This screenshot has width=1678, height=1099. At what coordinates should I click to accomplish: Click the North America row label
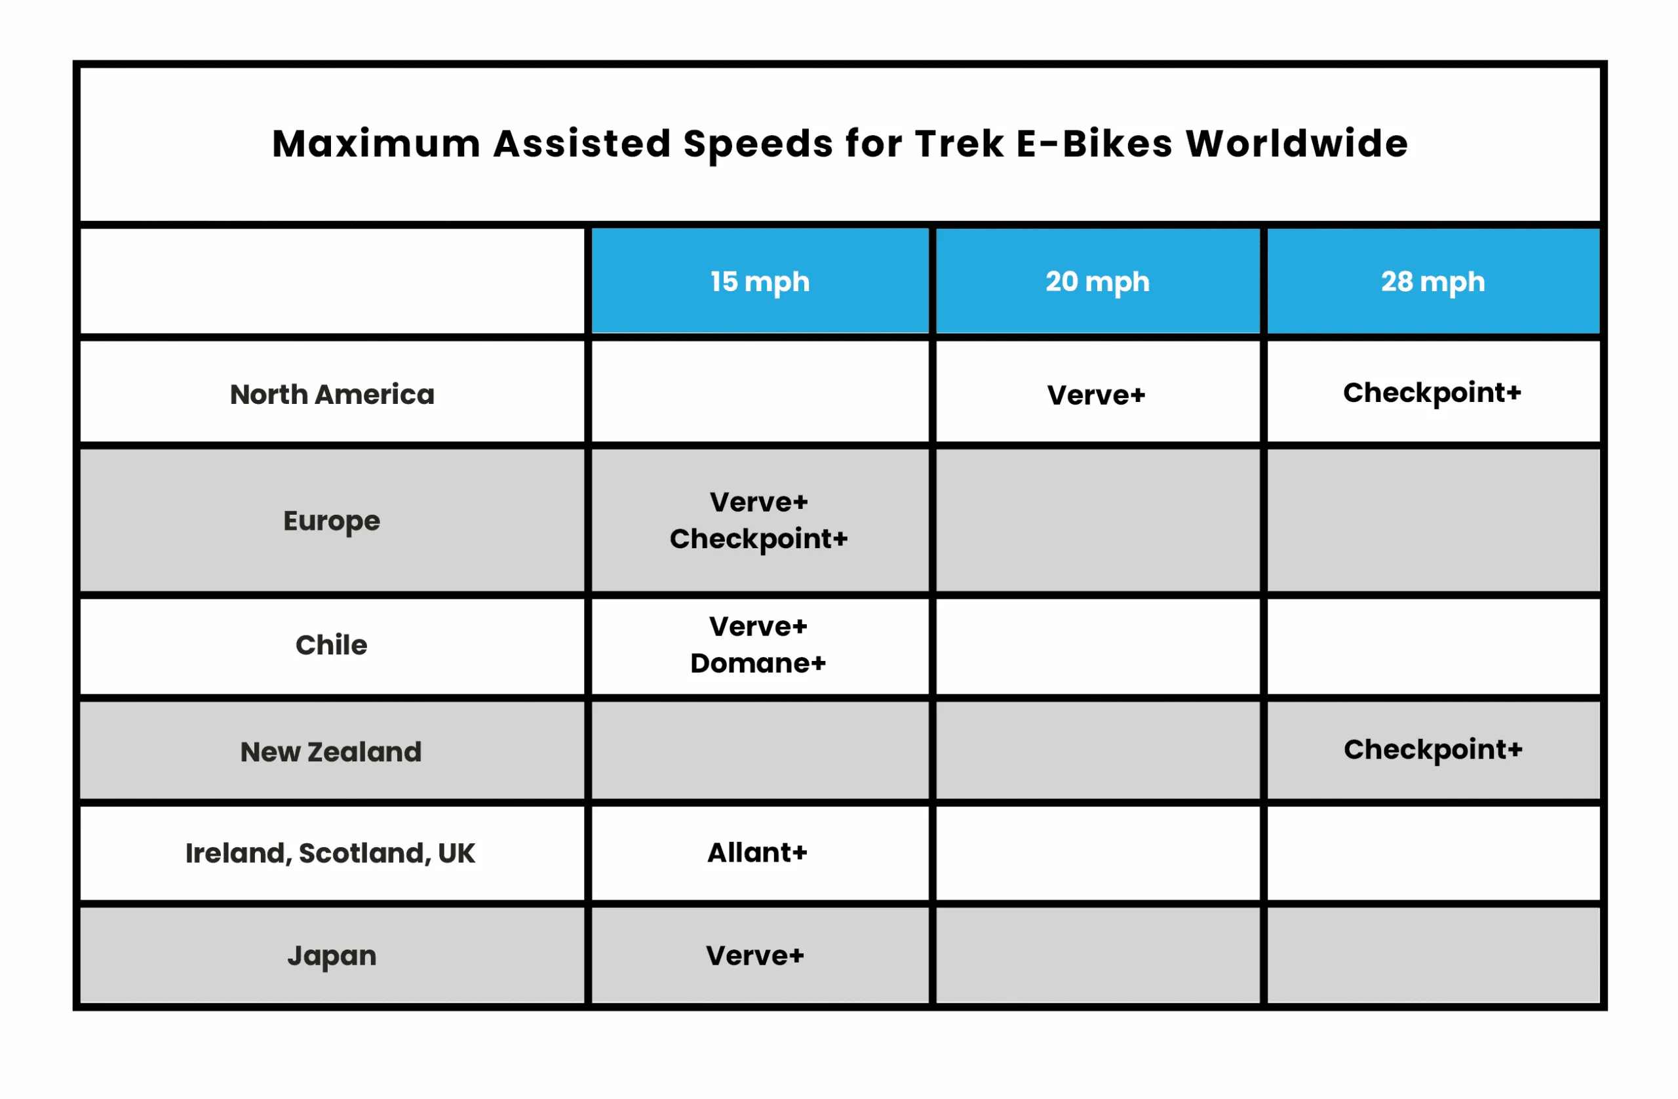click(x=332, y=394)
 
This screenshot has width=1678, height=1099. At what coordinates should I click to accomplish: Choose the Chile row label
click(x=332, y=645)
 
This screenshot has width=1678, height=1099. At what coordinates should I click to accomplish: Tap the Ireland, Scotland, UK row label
click(x=330, y=854)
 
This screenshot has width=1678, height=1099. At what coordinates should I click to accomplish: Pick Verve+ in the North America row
click(x=1097, y=395)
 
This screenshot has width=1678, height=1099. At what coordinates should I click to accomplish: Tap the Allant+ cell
click(x=757, y=853)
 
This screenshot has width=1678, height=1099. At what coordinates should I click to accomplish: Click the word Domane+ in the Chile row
click(x=758, y=663)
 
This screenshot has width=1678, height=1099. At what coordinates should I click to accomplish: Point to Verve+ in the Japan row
click(x=755, y=956)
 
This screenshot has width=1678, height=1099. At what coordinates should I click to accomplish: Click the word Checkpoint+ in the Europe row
click(x=758, y=540)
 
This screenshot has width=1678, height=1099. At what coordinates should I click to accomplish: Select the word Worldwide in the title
click(x=1297, y=144)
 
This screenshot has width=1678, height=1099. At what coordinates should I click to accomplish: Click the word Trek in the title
click(x=960, y=144)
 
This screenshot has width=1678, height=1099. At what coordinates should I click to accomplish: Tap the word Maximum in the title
click(x=376, y=144)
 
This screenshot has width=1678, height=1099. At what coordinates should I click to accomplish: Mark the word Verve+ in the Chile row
click(x=758, y=626)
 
